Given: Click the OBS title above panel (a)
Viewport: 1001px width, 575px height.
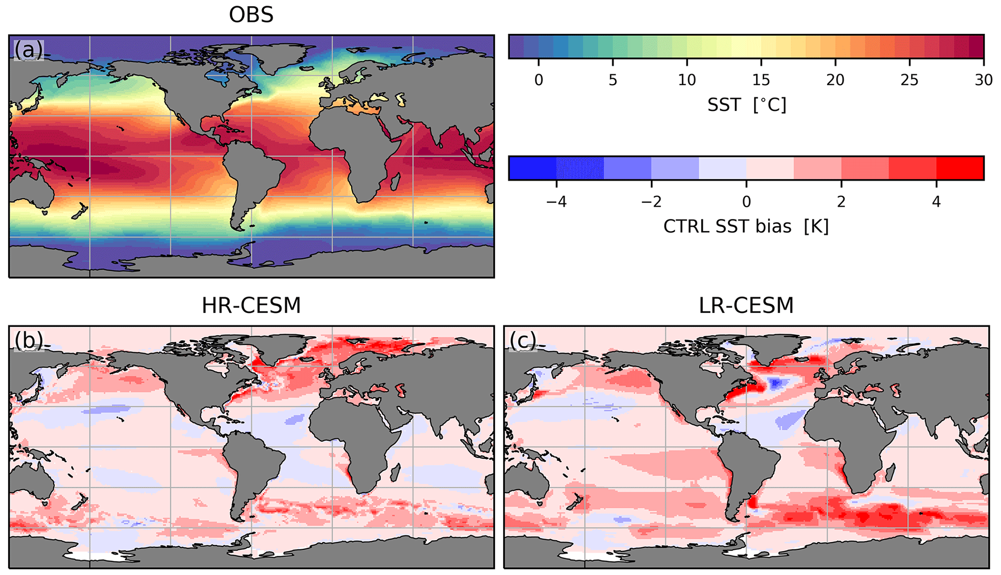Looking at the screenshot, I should click(251, 15).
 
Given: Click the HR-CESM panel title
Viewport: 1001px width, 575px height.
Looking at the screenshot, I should click(251, 305).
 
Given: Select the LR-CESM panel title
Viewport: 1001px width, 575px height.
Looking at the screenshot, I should click(746, 305).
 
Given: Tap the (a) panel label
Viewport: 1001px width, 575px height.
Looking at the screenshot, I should click(29, 50).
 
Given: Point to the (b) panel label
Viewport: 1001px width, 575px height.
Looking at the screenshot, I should click(29, 341).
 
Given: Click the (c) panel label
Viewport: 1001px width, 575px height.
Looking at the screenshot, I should click(523, 341).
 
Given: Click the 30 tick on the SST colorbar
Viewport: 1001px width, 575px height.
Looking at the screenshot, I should click(983, 79).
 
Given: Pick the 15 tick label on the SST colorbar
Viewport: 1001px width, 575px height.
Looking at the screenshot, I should click(761, 79).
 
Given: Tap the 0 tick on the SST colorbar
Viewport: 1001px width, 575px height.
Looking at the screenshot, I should click(539, 79).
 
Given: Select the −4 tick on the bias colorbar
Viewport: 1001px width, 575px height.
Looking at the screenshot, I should click(556, 202).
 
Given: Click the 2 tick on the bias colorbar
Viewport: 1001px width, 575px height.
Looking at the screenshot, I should click(841, 202).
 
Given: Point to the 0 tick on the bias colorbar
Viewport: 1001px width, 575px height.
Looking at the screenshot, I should click(746, 202).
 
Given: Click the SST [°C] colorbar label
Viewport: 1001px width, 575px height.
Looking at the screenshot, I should click(746, 105).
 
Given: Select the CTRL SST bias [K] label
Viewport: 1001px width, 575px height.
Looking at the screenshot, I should click(746, 226).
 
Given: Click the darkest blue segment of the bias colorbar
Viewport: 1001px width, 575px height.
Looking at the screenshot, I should click(532, 168).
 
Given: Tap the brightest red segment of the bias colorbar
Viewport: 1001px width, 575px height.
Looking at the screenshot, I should click(960, 168).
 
